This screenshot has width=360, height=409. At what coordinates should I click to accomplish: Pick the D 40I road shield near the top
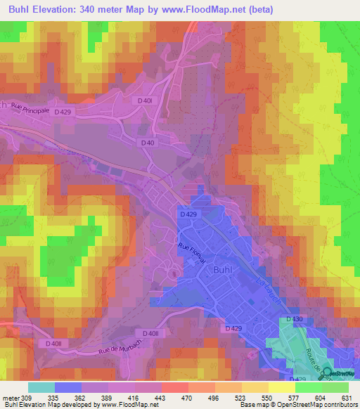point(145,101)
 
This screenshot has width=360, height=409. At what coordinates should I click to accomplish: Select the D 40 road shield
point(148,143)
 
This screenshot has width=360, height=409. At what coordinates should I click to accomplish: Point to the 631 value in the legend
point(345,398)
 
